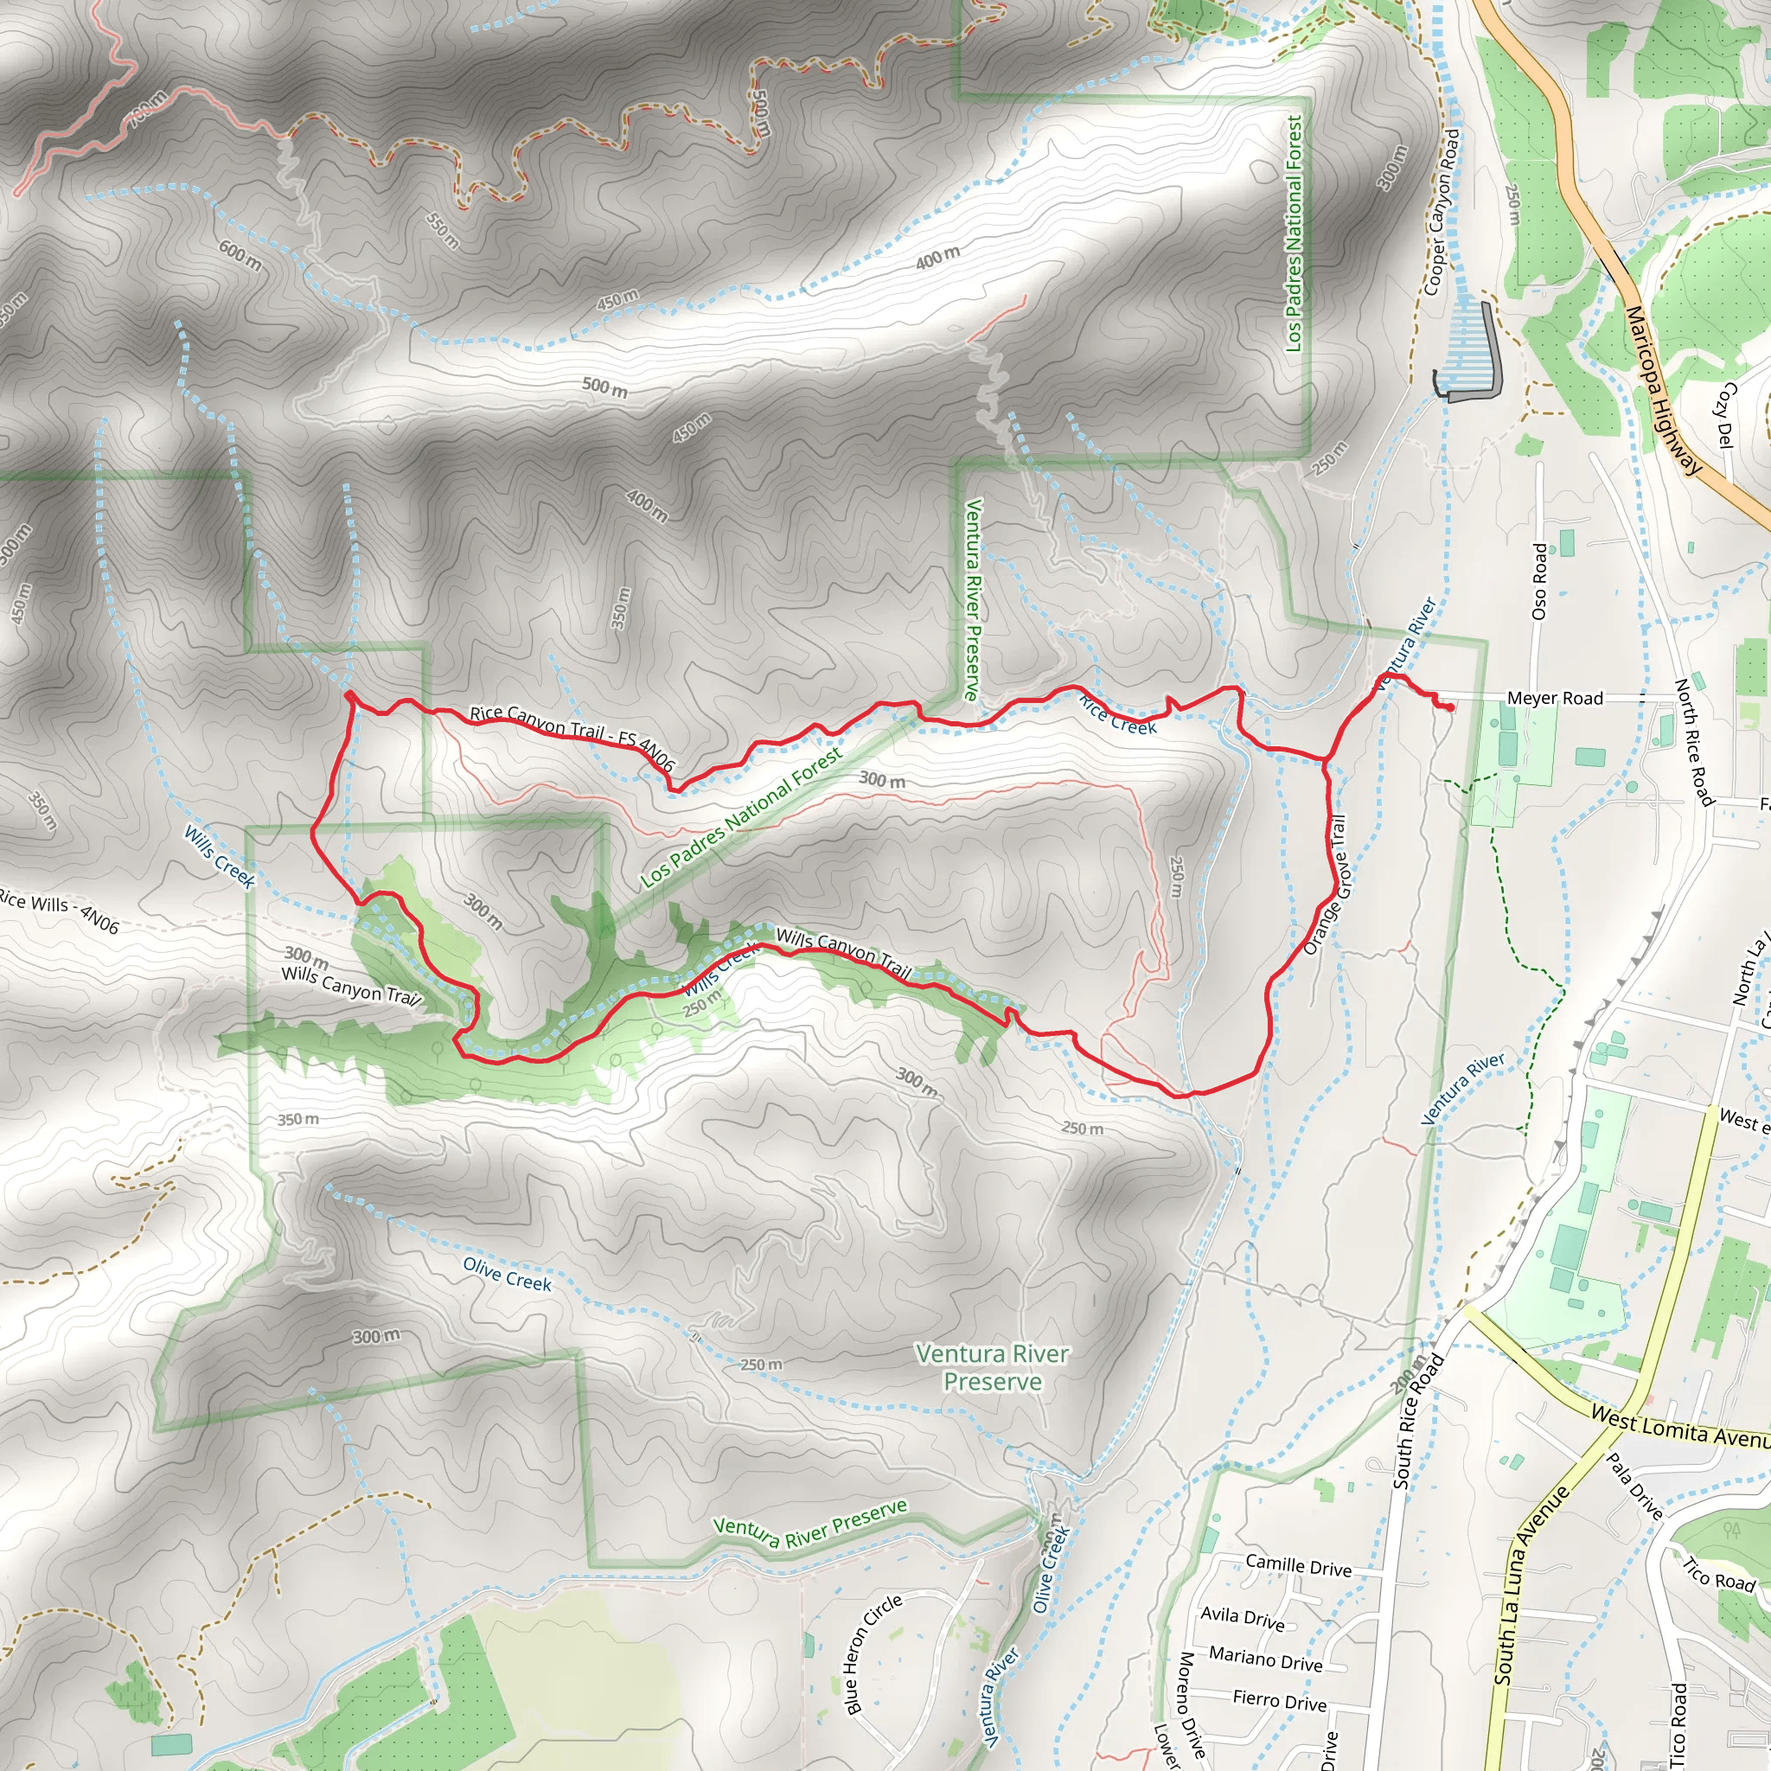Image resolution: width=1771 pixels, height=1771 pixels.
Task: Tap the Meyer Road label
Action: coord(1555,699)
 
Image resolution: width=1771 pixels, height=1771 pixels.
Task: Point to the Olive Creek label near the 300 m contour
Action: coord(507,1274)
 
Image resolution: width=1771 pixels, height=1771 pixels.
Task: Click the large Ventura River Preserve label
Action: coord(993,1368)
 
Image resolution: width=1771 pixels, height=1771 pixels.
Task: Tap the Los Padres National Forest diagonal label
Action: coord(742,818)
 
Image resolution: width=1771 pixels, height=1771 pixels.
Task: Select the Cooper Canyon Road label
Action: coord(1441,212)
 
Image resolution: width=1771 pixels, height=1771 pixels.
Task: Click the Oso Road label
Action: coord(1540,581)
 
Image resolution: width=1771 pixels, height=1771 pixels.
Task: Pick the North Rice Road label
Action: coord(1694,743)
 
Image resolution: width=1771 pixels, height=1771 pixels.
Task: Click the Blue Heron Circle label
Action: coord(873,1653)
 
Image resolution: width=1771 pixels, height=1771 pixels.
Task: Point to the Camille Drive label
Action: coord(1298,1566)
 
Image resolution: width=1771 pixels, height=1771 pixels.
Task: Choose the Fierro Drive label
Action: coord(1280,1700)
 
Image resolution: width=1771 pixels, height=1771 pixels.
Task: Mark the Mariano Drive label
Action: coord(1266,1658)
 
